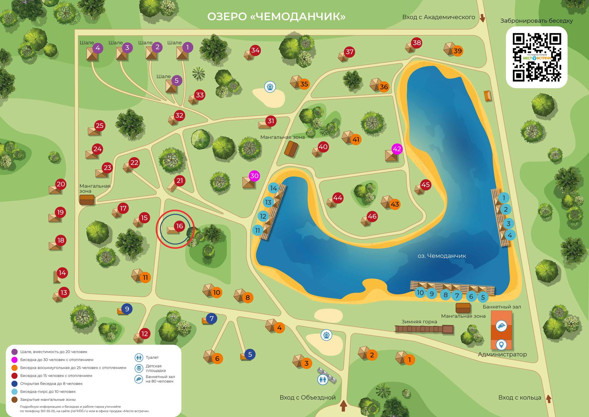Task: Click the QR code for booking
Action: tap(537, 57)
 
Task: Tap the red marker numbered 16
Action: tap(179, 226)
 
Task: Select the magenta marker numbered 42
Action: tap(397, 149)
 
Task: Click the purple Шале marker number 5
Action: tap(177, 81)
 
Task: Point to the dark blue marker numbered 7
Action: tap(212, 319)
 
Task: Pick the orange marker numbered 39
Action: tap(457, 51)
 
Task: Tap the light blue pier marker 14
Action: tap(274, 188)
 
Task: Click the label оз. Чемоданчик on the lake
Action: tap(441, 256)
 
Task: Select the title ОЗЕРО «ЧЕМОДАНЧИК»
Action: tap(276, 16)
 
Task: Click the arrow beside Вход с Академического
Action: tap(483, 18)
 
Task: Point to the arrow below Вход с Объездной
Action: tap(343, 406)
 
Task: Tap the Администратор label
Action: tap(502, 355)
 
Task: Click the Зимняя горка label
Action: tap(419, 322)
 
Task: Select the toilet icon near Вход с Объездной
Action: tap(323, 379)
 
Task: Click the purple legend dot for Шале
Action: tap(14, 352)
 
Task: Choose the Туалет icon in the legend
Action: tap(139, 358)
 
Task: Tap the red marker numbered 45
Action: tap(425, 185)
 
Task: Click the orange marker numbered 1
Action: tap(409, 359)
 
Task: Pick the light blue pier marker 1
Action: tap(504, 198)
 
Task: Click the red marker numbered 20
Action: tap(61, 184)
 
